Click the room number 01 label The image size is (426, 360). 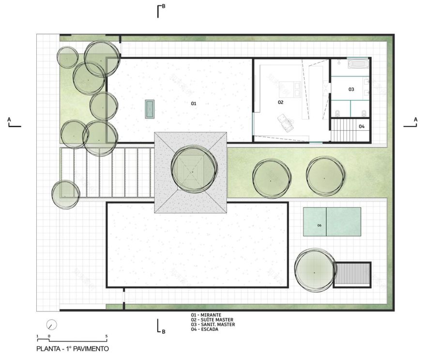(193, 103)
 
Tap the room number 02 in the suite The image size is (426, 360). (280, 102)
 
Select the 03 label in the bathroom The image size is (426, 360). (351, 89)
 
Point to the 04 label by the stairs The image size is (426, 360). (361, 126)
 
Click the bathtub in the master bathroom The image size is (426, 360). (358, 64)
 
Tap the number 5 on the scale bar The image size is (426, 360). (106, 336)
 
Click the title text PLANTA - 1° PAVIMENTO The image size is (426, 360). (73, 348)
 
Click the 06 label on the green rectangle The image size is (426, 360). (319, 226)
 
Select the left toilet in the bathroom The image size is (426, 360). (337, 113)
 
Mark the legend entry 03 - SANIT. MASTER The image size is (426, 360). (213, 325)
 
